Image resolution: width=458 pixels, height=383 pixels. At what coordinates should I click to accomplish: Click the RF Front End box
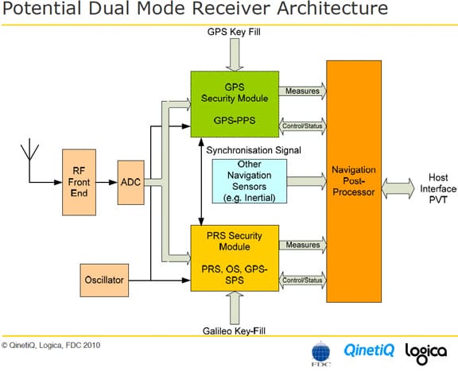click(x=79, y=183)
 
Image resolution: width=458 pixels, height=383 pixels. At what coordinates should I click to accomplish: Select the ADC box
click(x=131, y=183)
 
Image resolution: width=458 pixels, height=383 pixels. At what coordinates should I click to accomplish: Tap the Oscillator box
click(x=104, y=280)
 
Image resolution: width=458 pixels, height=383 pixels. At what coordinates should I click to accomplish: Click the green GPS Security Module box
click(x=235, y=104)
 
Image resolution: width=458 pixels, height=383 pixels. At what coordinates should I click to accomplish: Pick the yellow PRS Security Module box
click(x=235, y=258)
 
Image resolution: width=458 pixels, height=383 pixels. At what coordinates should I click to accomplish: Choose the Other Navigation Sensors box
click(x=249, y=181)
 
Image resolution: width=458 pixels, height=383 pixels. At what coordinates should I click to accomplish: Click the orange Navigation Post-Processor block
click(x=354, y=181)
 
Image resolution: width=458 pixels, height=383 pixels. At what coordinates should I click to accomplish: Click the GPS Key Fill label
click(x=234, y=32)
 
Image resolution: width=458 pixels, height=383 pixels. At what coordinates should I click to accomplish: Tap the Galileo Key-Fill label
click(x=234, y=331)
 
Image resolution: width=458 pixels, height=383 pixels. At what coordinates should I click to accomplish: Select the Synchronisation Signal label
click(x=254, y=150)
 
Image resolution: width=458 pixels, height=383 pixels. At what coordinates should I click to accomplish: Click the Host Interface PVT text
click(x=438, y=188)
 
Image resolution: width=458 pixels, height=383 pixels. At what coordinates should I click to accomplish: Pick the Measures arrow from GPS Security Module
click(x=303, y=91)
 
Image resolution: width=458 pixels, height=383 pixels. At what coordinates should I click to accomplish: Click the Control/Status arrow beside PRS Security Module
click(x=303, y=280)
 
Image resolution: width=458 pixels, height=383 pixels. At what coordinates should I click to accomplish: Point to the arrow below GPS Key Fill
click(x=235, y=55)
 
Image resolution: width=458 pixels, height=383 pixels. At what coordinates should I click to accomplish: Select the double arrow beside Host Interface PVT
click(x=398, y=188)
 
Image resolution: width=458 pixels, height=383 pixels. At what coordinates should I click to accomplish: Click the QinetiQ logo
click(x=369, y=350)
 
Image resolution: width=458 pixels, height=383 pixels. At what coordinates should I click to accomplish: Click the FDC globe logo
click(x=320, y=354)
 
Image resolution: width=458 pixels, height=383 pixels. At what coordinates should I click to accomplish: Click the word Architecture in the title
click(x=332, y=8)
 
